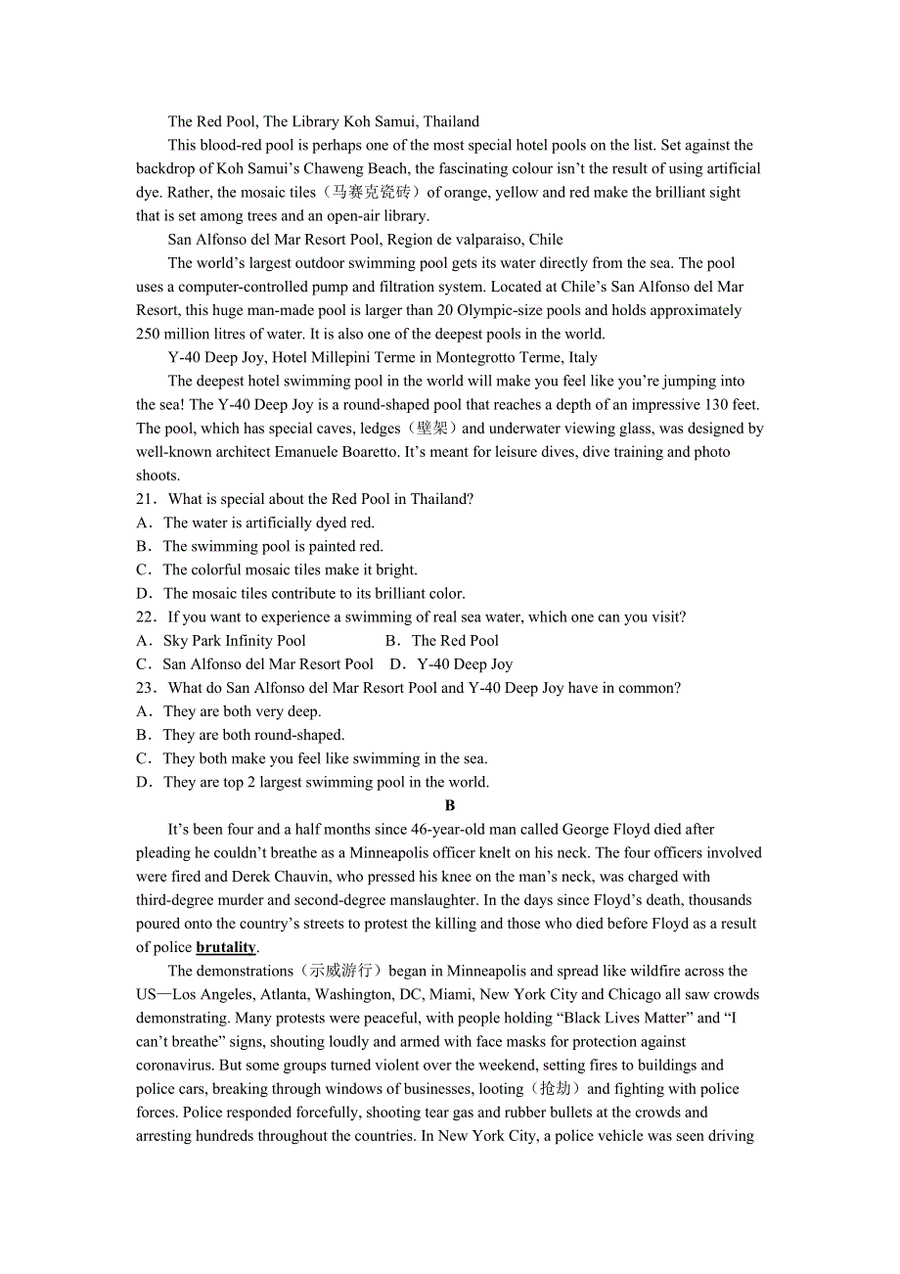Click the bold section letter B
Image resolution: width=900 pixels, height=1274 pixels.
click(450, 805)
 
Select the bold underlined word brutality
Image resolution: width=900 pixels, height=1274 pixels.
click(226, 947)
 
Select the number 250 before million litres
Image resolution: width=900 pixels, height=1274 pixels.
click(148, 334)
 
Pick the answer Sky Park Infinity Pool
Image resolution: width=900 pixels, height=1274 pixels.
click(235, 641)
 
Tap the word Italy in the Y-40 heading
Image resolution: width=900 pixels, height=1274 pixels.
click(583, 358)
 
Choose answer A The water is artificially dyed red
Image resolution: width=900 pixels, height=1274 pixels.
click(268, 523)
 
